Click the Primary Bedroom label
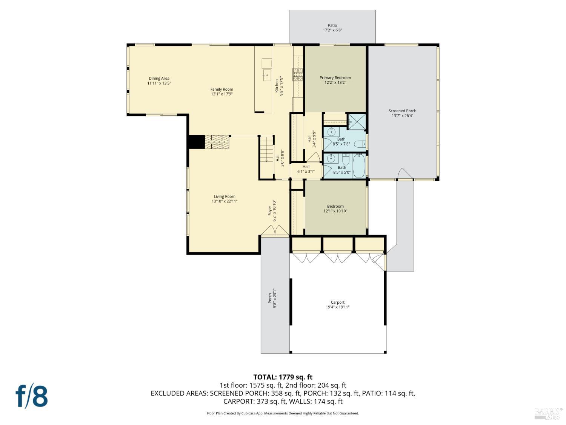coord(335,78)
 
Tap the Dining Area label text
coord(159,79)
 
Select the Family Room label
coord(221,90)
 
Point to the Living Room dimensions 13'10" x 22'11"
coord(225,201)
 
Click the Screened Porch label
coord(402,111)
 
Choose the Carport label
coord(337,302)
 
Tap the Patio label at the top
coord(332,26)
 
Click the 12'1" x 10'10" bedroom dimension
coord(335,211)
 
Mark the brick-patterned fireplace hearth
coord(217,142)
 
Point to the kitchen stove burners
coord(298,74)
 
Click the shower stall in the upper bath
coord(356,121)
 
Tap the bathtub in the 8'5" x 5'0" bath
coord(358,166)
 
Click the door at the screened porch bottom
coord(405,174)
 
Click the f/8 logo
coord(32,396)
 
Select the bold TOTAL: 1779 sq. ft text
coord(283,377)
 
